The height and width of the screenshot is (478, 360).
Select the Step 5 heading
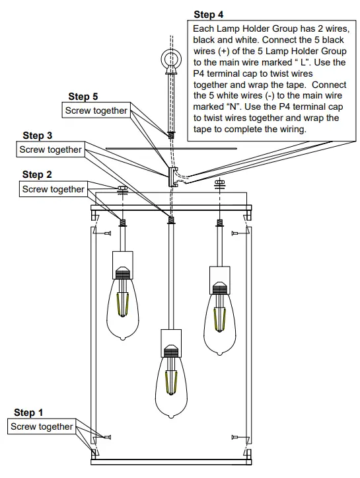[x=82, y=97]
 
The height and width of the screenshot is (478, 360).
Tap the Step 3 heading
[x=37, y=136]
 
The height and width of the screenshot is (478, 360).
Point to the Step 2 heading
[x=37, y=175]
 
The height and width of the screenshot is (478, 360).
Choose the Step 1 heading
[x=28, y=413]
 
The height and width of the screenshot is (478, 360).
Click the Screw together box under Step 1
[x=42, y=427]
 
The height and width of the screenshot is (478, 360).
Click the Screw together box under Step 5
[x=96, y=111]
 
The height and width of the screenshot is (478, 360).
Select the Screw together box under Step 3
[x=51, y=150]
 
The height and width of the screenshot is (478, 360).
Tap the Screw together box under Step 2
[x=54, y=190]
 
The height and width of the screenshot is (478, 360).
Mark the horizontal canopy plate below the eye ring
[x=172, y=149]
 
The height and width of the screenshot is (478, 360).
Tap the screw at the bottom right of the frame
[x=235, y=437]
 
